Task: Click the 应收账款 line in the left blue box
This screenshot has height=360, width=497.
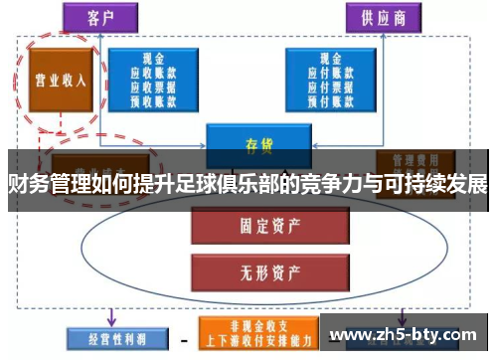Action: pos(153,74)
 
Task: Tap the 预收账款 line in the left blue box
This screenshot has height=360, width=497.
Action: pos(153,99)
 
